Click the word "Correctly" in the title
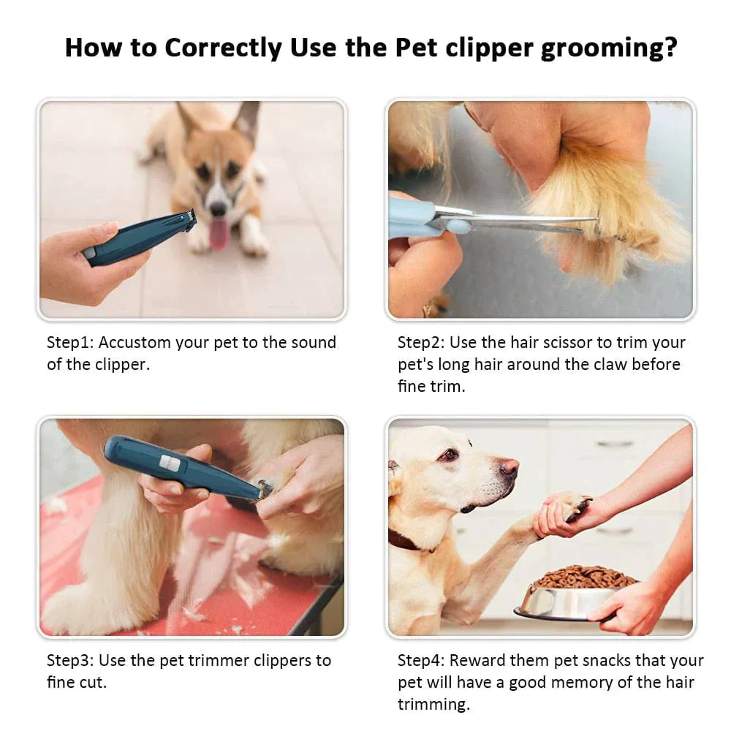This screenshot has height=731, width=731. click(x=224, y=48)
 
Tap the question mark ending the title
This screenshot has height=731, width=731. click(x=670, y=48)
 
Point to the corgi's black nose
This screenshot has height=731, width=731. click(x=218, y=209)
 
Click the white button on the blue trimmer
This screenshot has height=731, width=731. click(x=170, y=463)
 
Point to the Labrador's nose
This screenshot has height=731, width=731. click(x=510, y=467)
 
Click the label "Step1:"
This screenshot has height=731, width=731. click(x=71, y=343)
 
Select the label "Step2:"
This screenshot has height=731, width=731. click(x=422, y=343)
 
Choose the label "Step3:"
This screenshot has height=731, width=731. click(x=71, y=661)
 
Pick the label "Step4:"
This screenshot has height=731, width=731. click(x=422, y=661)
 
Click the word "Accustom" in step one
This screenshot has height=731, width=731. click(x=135, y=343)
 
